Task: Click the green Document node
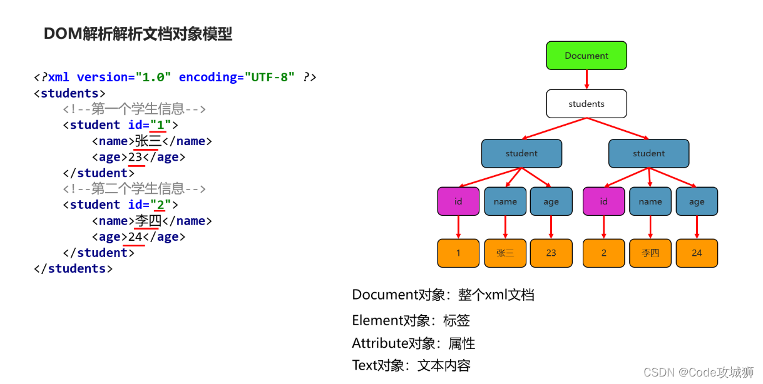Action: pos(586,56)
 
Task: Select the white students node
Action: pos(586,104)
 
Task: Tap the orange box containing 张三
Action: pos(505,253)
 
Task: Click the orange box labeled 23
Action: pos(551,253)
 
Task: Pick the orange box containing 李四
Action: pos(650,253)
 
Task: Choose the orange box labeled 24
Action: pos(697,253)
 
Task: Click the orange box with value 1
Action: pos(458,253)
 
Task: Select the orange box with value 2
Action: pos(603,253)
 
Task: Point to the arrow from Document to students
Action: pos(586,79)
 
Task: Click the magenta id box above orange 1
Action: pos(458,201)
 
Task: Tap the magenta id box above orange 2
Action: pos(603,201)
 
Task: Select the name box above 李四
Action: pos(650,201)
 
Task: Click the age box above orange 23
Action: pos(551,201)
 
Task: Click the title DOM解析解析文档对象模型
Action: pos(138,34)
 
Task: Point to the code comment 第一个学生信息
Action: pos(134,109)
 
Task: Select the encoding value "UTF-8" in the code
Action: pos(270,78)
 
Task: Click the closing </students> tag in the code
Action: pos(73,269)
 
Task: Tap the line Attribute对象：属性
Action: pos(414,343)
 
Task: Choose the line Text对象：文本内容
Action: pos(411,366)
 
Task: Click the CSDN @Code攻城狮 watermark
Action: pos(698,373)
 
